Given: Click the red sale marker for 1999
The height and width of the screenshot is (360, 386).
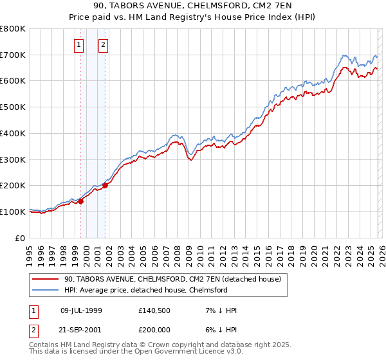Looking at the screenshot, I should click(x=81, y=201).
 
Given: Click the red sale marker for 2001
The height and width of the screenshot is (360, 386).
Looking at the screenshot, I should click(x=105, y=185).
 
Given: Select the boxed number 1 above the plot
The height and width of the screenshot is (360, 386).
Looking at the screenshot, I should click(x=78, y=45).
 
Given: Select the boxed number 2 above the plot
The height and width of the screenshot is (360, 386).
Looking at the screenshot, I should click(x=103, y=45).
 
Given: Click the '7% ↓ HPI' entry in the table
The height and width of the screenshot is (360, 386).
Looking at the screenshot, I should click(x=219, y=310).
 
